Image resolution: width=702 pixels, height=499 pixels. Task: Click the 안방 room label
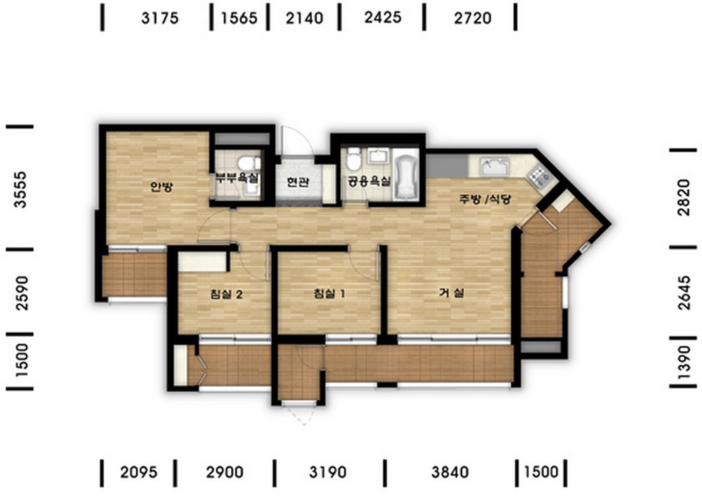pyautogui.click(x=161, y=187)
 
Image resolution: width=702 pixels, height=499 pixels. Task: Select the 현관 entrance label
pyautogui.click(x=298, y=182)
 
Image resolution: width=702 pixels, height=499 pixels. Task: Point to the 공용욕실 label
pyautogui.click(x=370, y=181)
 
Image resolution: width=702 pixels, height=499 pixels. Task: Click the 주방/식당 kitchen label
pyautogui.click(x=485, y=199)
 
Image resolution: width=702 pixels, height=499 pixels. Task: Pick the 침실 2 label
pyautogui.click(x=226, y=294)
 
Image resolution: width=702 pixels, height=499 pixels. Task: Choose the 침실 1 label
pyautogui.click(x=329, y=294)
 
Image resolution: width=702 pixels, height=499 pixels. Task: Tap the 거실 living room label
pyautogui.click(x=452, y=293)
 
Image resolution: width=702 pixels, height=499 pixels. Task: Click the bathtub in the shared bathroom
pyautogui.click(x=406, y=177)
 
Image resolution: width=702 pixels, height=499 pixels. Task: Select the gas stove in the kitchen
pyautogui.click(x=540, y=177)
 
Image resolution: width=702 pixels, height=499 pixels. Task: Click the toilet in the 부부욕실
pyautogui.click(x=249, y=163)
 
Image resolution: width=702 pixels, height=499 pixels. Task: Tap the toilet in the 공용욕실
pyautogui.click(x=354, y=159)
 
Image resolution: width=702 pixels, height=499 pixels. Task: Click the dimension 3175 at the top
pyautogui.click(x=160, y=18)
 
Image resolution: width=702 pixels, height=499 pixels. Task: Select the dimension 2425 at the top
pyautogui.click(x=383, y=17)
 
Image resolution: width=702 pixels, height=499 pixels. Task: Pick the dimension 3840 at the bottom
pyautogui.click(x=450, y=472)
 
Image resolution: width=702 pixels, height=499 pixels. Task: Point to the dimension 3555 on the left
pyautogui.click(x=21, y=189)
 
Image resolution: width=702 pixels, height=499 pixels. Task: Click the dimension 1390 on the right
pyautogui.click(x=684, y=362)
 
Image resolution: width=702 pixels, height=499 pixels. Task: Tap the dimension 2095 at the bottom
pyautogui.click(x=139, y=472)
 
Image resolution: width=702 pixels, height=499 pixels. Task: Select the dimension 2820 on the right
pyautogui.click(x=684, y=198)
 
